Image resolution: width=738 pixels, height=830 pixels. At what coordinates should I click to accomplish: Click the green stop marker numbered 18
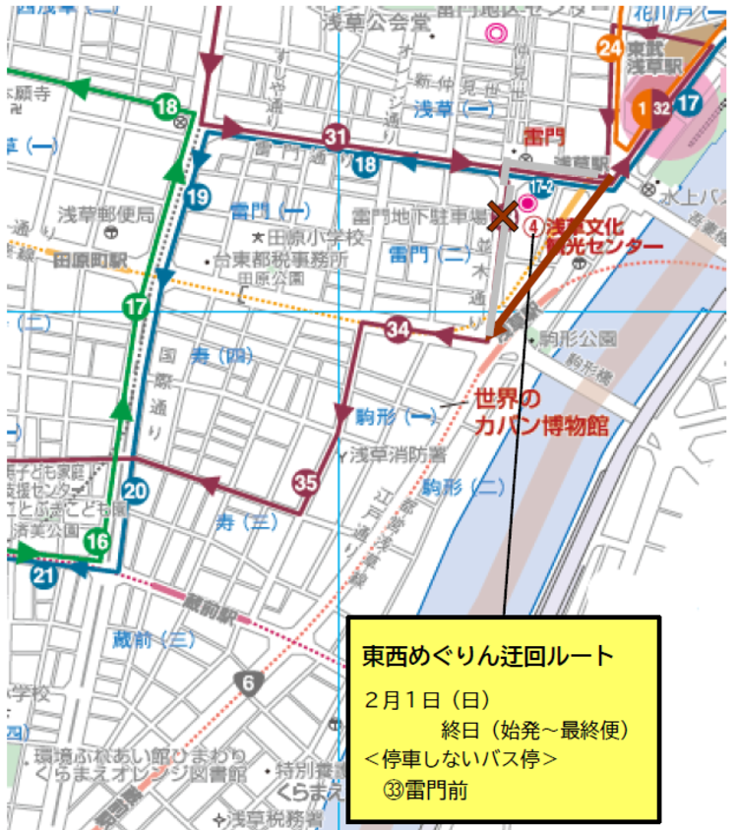(x=165, y=106)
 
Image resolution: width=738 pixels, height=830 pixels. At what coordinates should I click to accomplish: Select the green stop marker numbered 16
(x=96, y=541)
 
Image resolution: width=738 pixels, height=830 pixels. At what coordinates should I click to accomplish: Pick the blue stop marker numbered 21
(x=42, y=576)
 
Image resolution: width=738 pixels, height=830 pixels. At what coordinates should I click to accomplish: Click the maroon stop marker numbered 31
(x=337, y=138)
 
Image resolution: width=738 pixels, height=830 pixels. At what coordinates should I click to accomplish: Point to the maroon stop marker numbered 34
(x=398, y=328)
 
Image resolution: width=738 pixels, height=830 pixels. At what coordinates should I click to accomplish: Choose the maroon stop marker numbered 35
(x=306, y=482)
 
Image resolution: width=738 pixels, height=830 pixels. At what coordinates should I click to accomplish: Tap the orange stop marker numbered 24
(x=610, y=47)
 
